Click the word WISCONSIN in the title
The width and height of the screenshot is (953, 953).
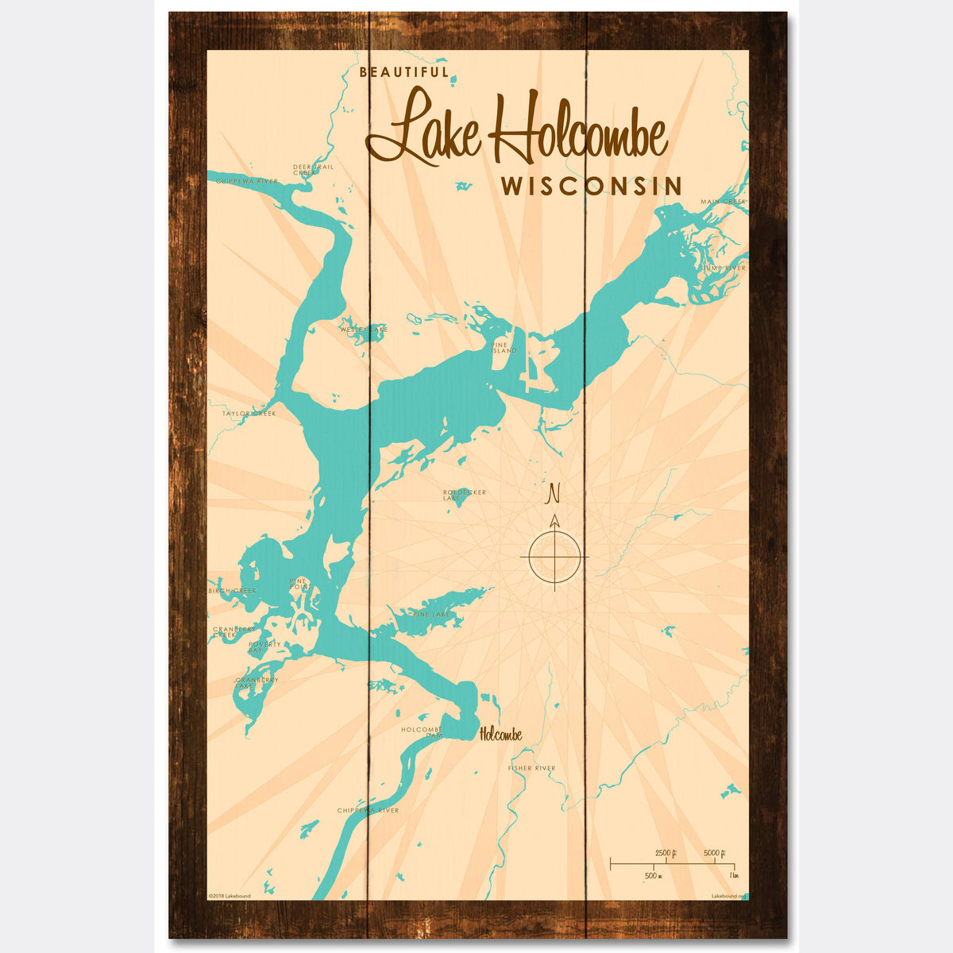[591, 186]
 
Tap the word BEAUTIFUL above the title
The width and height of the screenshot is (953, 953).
[404, 72]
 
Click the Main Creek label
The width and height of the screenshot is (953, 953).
[723, 202]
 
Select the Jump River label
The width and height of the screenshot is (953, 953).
[724, 268]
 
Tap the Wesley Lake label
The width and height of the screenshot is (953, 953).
[365, 329]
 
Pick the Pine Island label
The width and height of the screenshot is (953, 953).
[504, 348]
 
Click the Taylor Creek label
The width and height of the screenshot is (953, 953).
[249, 413]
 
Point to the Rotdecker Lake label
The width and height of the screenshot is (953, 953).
[465, 495]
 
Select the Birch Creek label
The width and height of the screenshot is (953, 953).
[233, 591]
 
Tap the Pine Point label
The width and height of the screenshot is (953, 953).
[298, 584]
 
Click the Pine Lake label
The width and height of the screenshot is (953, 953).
[432, 615]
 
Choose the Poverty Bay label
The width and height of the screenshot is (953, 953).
[264, 647]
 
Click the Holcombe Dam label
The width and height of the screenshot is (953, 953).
[422, 732]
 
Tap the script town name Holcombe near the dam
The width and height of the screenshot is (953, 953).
[500, 735]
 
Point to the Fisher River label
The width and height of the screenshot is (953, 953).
[531, 768]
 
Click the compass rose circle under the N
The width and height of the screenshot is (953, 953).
[554, 556]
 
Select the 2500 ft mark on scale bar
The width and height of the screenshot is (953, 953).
[665, 853]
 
